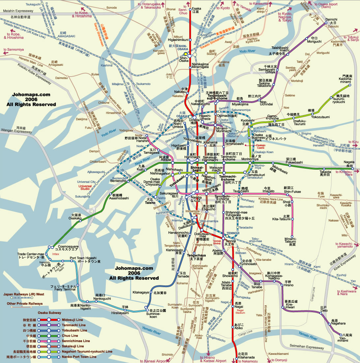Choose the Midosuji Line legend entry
click(73, 320)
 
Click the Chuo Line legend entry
click(70, 336)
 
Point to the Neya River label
click(142, 159)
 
